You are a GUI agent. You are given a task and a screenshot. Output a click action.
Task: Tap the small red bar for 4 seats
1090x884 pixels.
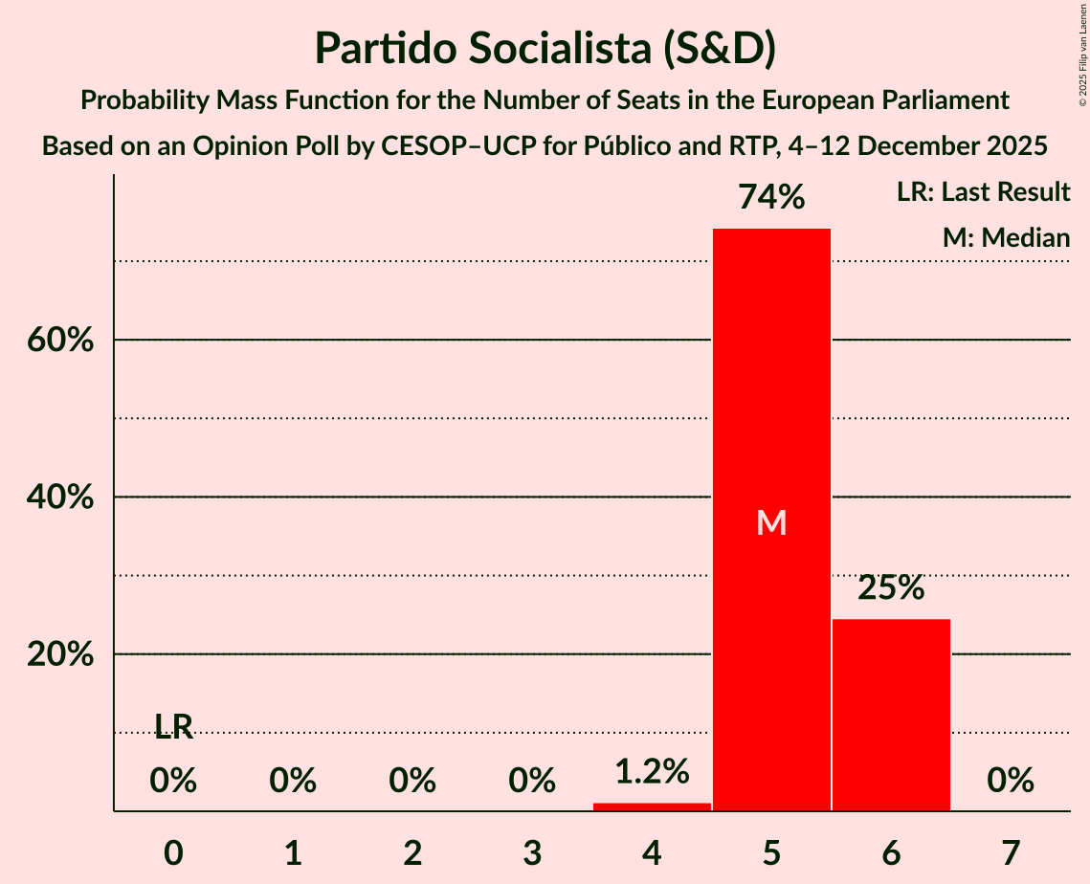[x=652, y=807]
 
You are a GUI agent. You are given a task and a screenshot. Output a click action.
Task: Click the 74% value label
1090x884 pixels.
[x=771, y=198]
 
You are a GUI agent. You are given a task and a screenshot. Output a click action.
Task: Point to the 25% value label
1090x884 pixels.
[x=891, y=588]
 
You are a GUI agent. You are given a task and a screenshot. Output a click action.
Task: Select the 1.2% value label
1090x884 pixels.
[x=652, y=771]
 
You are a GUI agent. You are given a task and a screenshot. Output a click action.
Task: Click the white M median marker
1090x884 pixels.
[x=771, y=522]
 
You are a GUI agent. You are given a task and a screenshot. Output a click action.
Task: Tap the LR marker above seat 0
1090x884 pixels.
[x=173, y=728]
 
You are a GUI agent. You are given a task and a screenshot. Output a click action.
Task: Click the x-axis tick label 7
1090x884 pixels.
[x=1011, y=852]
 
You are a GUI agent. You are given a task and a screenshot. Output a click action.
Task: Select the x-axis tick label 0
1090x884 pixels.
[x=173, y=852]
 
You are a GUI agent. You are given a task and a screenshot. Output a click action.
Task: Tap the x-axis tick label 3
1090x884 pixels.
[x=532, y=852]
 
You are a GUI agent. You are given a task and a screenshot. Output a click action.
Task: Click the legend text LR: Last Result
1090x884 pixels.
[x=983, y=192]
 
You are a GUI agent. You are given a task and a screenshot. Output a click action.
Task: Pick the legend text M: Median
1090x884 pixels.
[x=1005, y=237]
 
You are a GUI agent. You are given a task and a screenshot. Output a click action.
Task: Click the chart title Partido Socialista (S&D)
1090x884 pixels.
[x=545, y=48]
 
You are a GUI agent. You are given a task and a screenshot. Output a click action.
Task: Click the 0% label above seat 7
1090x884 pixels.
[x=1011, y=782]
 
